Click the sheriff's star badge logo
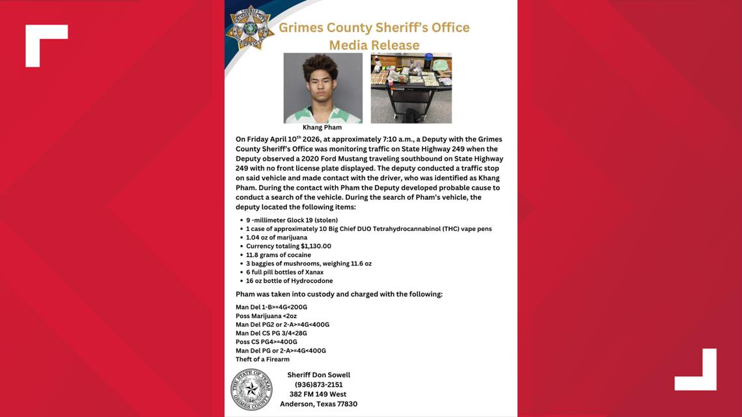pyautogui.click(x=250, y=27)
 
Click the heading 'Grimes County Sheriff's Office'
pyautogui.click(x=374, y=27)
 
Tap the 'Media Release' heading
pyautogui.click(x=374, y=45)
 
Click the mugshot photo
pyautogui.click(x=323, y=88)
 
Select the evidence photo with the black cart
pyautogui.click(x=411, y=88)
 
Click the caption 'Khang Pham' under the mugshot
pyautogui.click(x=322, y=128)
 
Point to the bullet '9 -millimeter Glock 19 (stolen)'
pyautogui.click(x=292, y=220)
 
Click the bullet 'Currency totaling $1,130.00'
pyautogui.click(x=288, y=246)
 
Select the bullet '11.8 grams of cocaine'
pyautogui.click(x=279, y=255)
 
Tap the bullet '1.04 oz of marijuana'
pyautogui.click(x=277, y=237)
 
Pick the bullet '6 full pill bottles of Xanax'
pyautogui.click(x=284, y=272)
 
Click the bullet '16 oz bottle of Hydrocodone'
pyautogui.click(x=289, y=281)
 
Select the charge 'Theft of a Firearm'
pyautogui.click(x=262, y=359)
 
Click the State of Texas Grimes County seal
pyautogui.click(x=252, y=389)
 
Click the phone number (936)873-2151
pyautogui.click(x=318, y=384)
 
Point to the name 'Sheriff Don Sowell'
pyautogui.click(x=318, y=375)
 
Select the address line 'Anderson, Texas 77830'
pyautogui.click(x=318, y=404)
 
